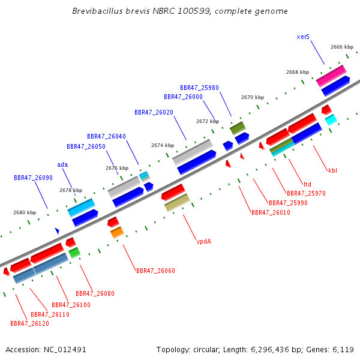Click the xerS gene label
click(303, 37)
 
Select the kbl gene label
click(332, 170)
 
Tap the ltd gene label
click(307, 184)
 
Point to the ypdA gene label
click(204, 242)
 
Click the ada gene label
click(62, 164)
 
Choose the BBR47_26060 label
click(155, 271)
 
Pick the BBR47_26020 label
click(154, 112)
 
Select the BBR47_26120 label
click(29, 323)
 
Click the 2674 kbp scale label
click(163, 145)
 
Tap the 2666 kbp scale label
click(342, 47)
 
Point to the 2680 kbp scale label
click(25, 212)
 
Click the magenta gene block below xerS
click(331, 76)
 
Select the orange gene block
click(117, 232)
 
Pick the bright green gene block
click(74, 253)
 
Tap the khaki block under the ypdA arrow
click(177, 203)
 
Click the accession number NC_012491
click(65, 350)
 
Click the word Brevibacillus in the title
click(98, 11)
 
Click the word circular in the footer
click(206, 350)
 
